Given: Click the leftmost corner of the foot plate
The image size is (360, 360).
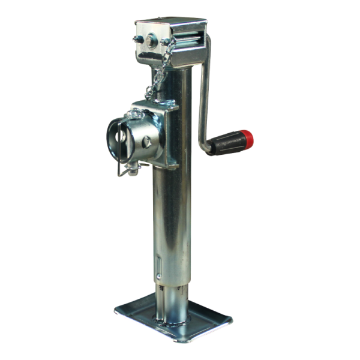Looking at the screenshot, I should click(115, 311).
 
